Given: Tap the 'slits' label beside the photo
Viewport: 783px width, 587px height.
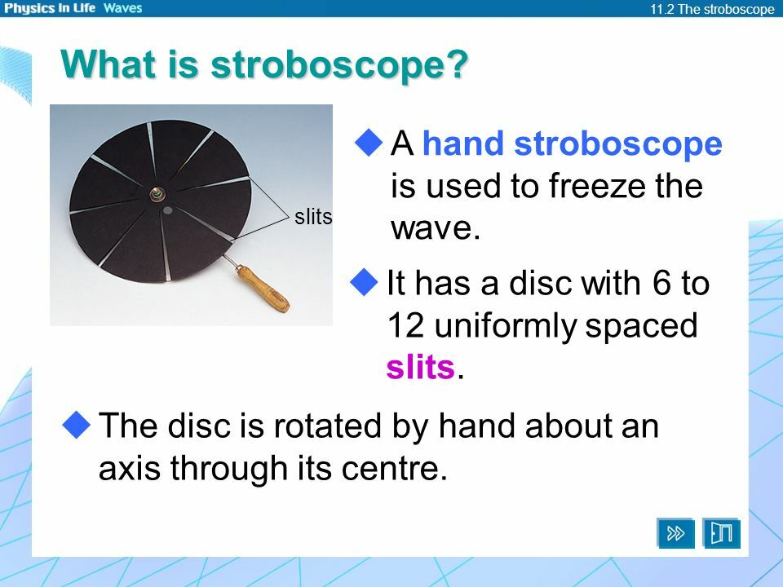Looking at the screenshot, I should [312, 218].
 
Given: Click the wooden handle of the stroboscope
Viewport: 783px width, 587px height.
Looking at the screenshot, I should [263, 289].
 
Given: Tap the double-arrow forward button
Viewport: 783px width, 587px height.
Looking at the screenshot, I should [676, 533].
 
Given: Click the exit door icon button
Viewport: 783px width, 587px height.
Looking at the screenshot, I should [722, 533].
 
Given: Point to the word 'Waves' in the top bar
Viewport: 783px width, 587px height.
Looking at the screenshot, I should [122, 8].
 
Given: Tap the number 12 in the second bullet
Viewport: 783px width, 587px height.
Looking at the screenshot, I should [404, 326].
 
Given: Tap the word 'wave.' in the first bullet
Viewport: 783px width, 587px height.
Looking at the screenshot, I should [432, 229].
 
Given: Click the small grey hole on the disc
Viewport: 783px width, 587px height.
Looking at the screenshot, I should [166, 211].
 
